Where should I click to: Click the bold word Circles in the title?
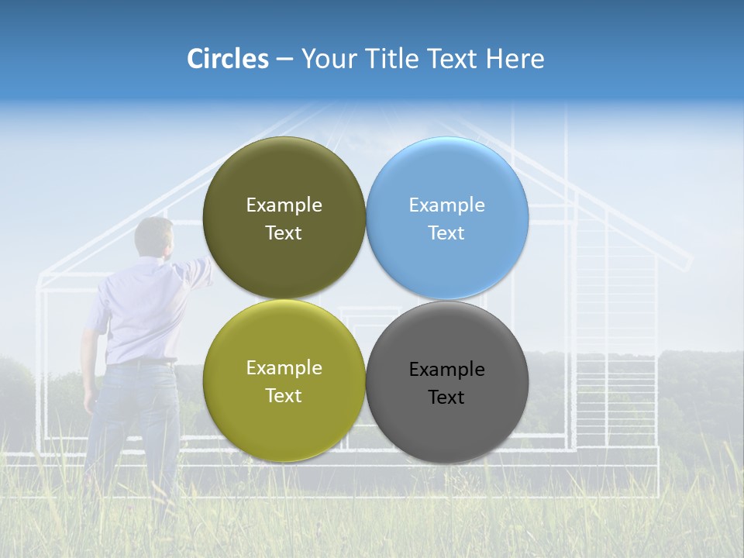coord(228,59)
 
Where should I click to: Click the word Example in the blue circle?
coord(446,205)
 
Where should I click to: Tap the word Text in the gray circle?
coord(446,398)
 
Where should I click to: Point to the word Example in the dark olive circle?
coord(284,205)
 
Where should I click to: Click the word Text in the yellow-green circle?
coord(284,396)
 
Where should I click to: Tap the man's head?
coord(153,236)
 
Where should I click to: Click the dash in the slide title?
coord(284,59)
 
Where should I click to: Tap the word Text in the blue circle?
coord(446,233)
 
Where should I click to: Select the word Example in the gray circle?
coord(446,370)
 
